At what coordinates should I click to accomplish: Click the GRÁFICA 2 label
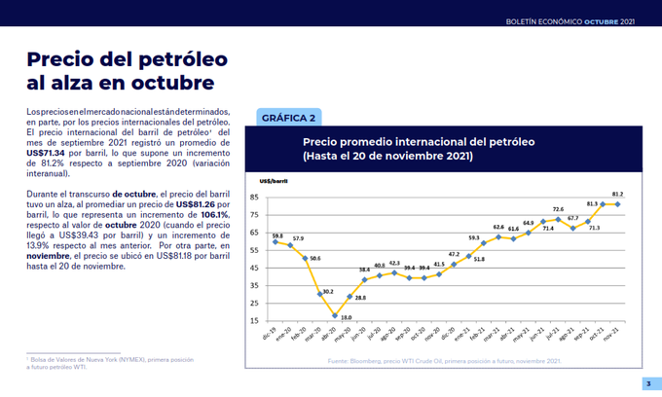coord(289,119)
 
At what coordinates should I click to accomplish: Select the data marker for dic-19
coord(276,240)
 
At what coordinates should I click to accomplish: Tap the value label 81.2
coord(617,195)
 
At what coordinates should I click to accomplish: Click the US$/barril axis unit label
coord(274,181)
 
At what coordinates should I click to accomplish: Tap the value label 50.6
coord(314,258)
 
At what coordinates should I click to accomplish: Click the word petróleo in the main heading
coord(167,60)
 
